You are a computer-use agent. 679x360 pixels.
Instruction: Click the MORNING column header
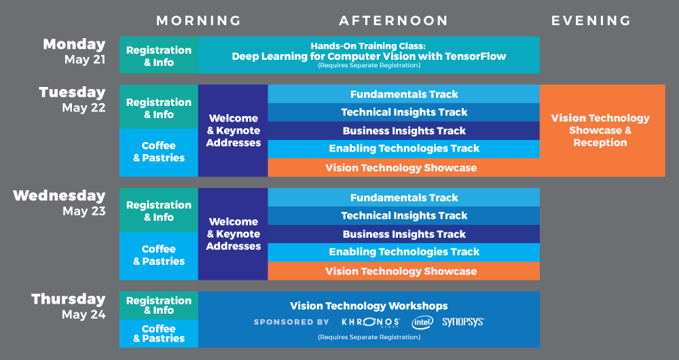(198, 20)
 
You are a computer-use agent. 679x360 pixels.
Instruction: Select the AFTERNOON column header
(393, 20)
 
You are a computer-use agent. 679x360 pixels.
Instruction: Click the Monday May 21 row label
(75, 51)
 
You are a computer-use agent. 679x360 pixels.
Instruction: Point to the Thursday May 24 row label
(68, 306)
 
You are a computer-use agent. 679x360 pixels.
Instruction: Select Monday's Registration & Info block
(159, 56)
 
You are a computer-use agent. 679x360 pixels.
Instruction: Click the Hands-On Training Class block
(369, 54)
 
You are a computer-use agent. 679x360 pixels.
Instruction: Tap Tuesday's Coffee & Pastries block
(159, 152)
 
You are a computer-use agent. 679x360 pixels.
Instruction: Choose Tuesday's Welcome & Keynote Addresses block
(234, 130)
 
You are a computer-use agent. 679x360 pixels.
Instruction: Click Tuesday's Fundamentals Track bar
(404, 94)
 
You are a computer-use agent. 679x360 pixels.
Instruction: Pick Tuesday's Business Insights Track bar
(404, 131)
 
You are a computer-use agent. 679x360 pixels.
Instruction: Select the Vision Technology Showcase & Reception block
(600, 130)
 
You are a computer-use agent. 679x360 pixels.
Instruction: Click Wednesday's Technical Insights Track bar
(404, 216)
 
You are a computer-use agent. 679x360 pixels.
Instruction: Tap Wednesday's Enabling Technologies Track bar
(404, 252)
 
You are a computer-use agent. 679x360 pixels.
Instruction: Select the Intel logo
(422, 322)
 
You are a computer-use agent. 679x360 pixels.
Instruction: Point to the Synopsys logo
(463, 322)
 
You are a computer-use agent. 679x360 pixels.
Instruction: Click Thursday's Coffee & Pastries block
(159, 334)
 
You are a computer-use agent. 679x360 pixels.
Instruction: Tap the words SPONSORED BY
(291, 322)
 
